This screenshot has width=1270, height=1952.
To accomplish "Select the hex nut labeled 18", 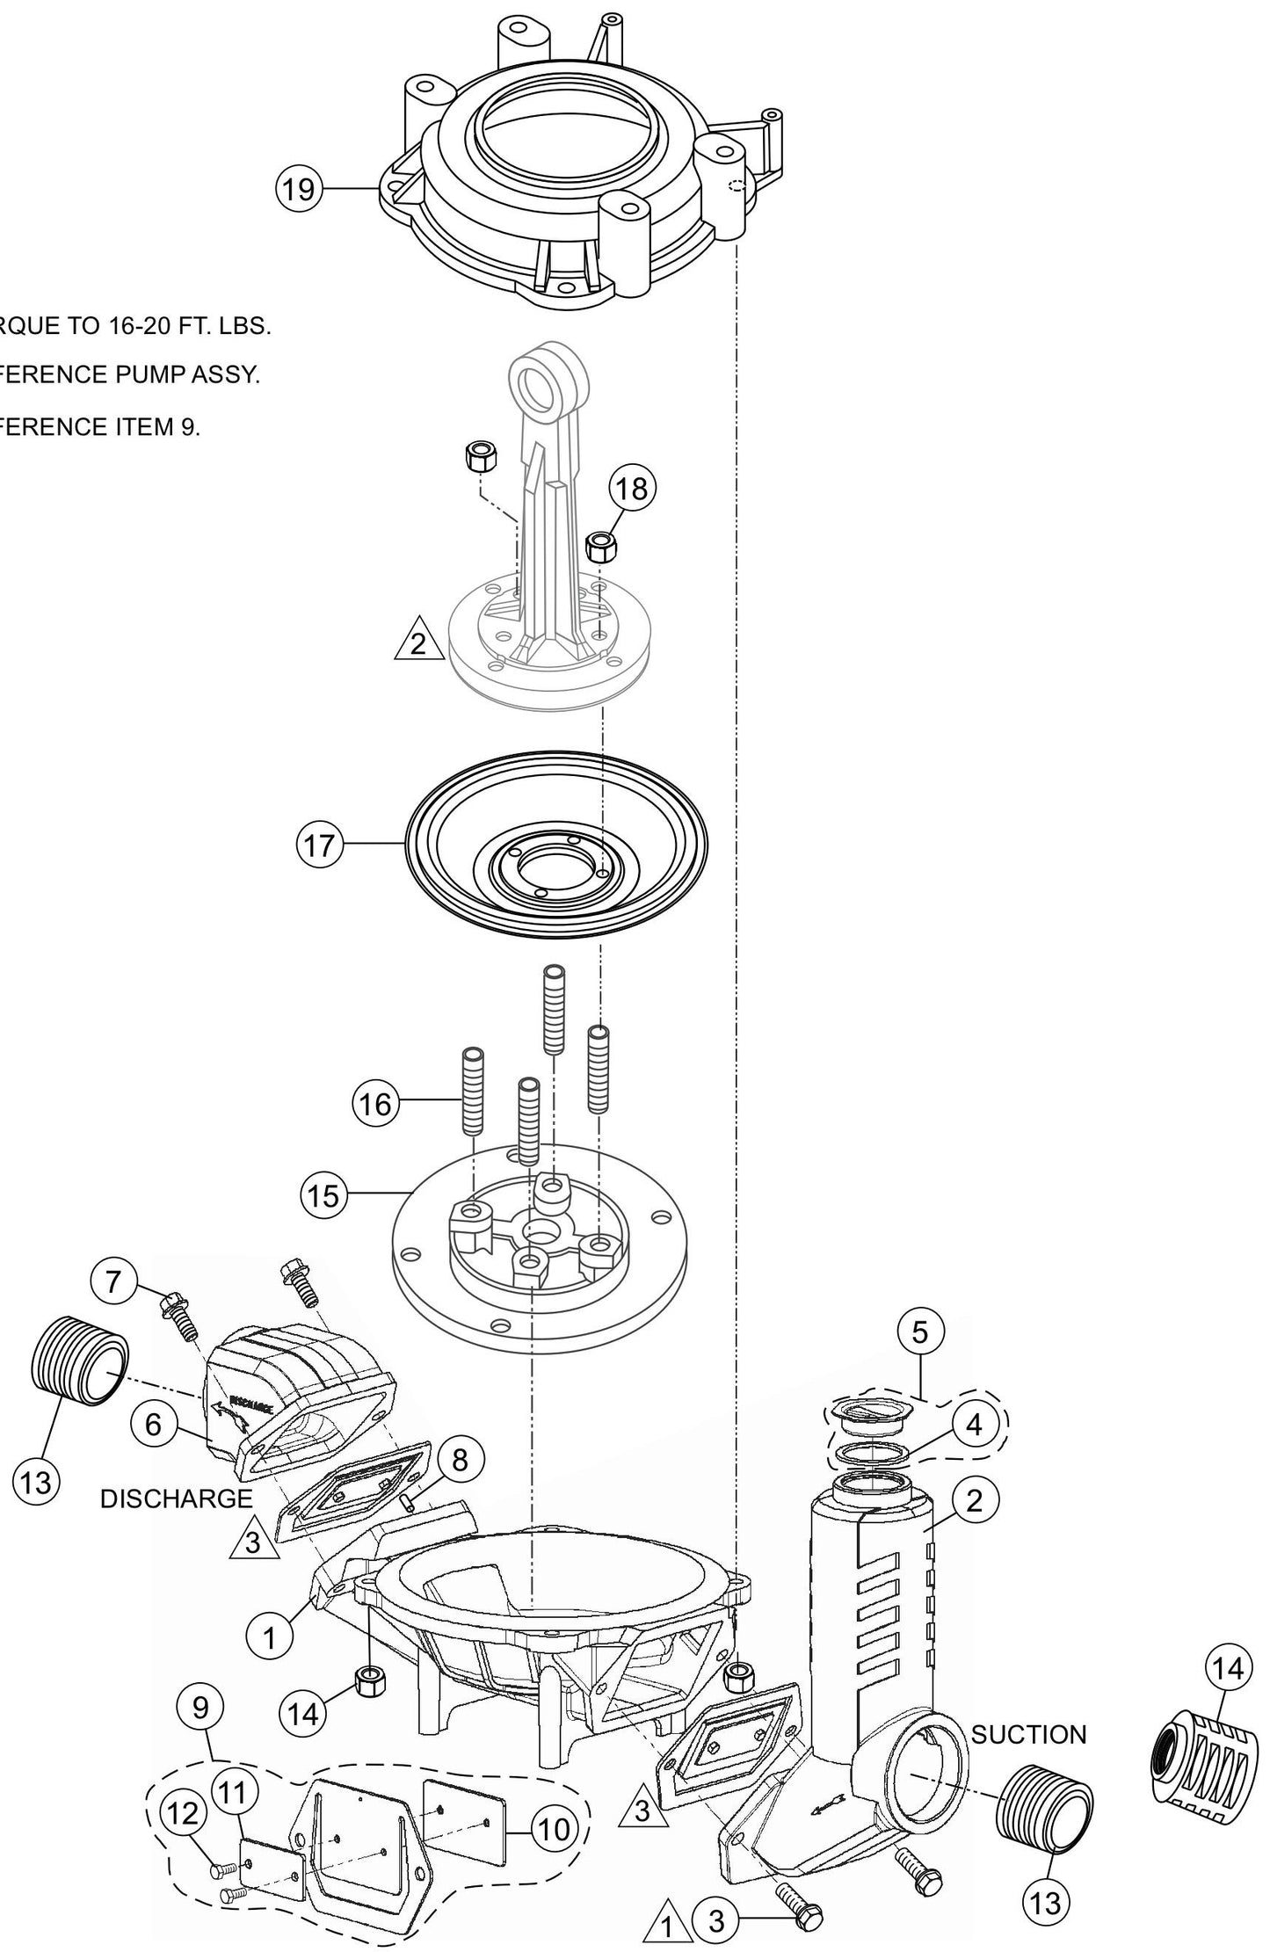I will tap(600, 546).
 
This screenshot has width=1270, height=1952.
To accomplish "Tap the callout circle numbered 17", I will tap(319, 845).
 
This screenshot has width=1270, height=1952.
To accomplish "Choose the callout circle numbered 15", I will tap(324, 1195).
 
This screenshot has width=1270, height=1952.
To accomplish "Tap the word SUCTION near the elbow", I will tap(1028, 1734).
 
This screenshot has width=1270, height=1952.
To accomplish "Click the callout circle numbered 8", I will tap(459, 1460).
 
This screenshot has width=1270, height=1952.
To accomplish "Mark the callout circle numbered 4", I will tap(974, 1425).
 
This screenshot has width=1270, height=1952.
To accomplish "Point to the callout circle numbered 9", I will tap(200, 1707).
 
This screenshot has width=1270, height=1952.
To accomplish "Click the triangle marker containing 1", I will tap(665, 1921).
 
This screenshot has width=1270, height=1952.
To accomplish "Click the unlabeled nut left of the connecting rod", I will tap(475, 457).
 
